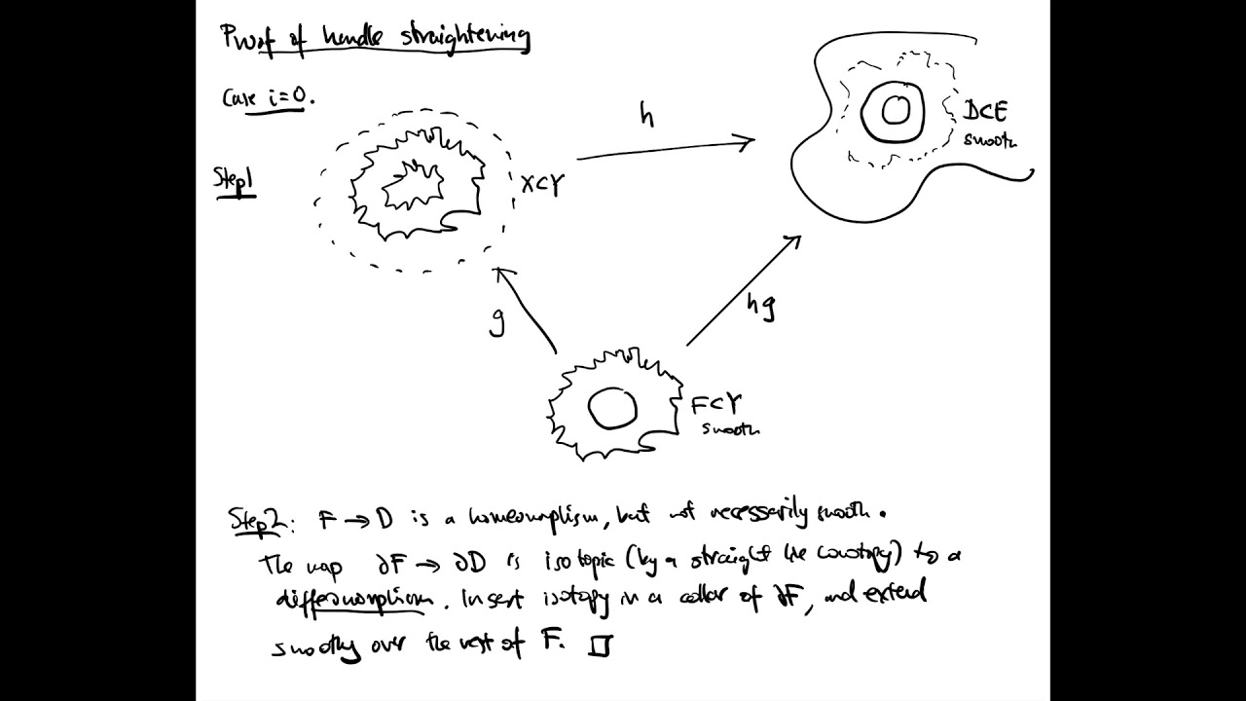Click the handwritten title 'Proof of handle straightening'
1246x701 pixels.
tap(375, 37)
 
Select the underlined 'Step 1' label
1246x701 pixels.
tap(235, 181)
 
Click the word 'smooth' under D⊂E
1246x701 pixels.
tap(990, 140)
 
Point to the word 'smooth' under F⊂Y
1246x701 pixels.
tap(727, 429)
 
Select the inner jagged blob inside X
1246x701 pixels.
tap(415, 185)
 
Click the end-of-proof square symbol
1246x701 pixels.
tap(600, 646)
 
